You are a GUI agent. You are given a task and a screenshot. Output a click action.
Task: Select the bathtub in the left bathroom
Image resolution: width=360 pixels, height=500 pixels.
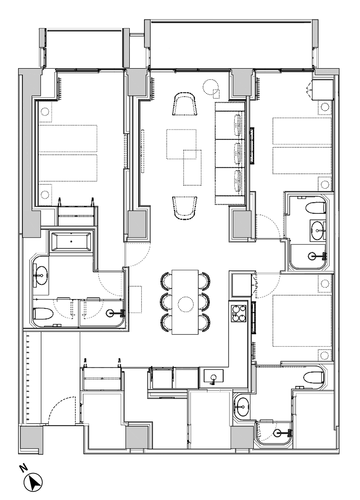(x=71, y=241)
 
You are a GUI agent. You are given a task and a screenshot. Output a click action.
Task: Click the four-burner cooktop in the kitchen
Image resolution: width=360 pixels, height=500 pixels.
(x=238, y=313)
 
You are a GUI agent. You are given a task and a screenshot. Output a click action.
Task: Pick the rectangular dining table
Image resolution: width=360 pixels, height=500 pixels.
(x=185, y=302)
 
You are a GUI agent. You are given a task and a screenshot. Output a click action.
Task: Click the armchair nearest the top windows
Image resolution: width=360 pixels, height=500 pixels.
(x=185, y=104)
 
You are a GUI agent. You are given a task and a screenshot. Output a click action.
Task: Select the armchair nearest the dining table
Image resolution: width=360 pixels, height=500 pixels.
(x=185, y=208)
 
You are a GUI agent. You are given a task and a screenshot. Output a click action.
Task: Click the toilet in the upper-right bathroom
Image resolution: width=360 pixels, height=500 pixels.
(x=315, y=207)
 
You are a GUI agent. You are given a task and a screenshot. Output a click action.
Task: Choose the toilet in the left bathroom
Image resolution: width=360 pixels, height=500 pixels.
(x=43, y=316)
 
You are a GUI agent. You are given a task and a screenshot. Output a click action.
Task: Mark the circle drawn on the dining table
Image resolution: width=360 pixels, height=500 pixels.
(x=186, y=304)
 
